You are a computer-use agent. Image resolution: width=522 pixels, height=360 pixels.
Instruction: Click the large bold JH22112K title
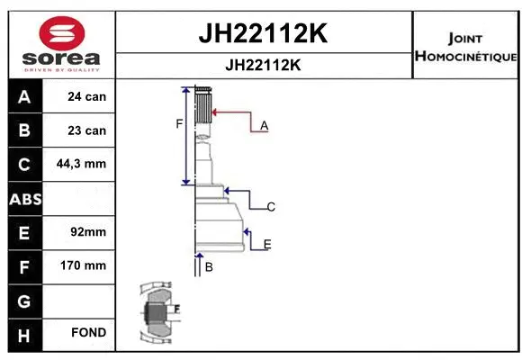(x=262, y=34)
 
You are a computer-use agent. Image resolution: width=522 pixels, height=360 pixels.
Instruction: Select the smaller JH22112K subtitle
(x=262, y=66)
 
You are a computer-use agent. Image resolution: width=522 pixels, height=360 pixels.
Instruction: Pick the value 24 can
(x=87, y=96)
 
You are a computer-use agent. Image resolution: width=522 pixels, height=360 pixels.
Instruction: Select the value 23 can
(x=87, y=130)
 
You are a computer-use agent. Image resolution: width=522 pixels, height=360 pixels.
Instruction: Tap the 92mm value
(x=87, y=232)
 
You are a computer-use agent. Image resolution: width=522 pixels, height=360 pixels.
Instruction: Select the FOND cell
(x=87, y=333)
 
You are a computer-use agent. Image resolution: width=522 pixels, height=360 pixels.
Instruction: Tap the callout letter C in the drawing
(x=270, y=208)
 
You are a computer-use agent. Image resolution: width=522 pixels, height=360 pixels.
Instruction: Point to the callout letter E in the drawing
(x=267, y=244)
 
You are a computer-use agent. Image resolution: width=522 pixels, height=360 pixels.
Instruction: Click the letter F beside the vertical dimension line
(x=178, y=123)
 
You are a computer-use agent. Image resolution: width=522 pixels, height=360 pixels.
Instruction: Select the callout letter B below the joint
(x=208, y=267)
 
